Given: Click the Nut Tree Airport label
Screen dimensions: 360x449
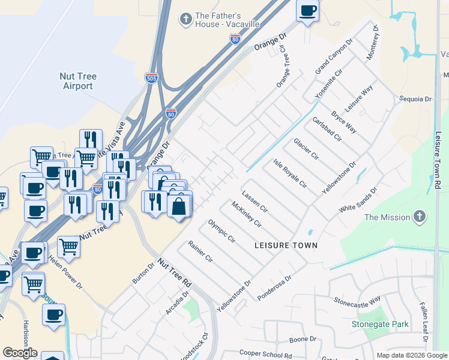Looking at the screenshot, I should (78, 81).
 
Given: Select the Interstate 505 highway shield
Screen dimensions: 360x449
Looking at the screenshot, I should (152, 77).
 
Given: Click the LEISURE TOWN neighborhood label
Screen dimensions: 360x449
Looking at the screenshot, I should (286, 246).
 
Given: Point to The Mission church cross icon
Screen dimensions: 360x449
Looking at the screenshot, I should (420, 216).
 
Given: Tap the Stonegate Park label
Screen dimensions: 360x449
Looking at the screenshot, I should (380, 325).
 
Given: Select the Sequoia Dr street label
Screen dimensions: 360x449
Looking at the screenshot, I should (416, 99).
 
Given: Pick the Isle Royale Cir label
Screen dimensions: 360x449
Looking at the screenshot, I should (290, 174).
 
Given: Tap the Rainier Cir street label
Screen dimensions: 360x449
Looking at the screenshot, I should (200, 252).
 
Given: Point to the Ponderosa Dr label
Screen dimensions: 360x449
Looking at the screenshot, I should (274, 288).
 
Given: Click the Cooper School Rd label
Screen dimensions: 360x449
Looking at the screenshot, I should (265, 355).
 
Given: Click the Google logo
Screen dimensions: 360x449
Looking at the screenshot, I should (20, 353).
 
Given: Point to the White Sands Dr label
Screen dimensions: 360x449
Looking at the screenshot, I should (358, 199).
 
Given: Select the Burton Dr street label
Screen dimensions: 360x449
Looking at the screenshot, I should (143, 274).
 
